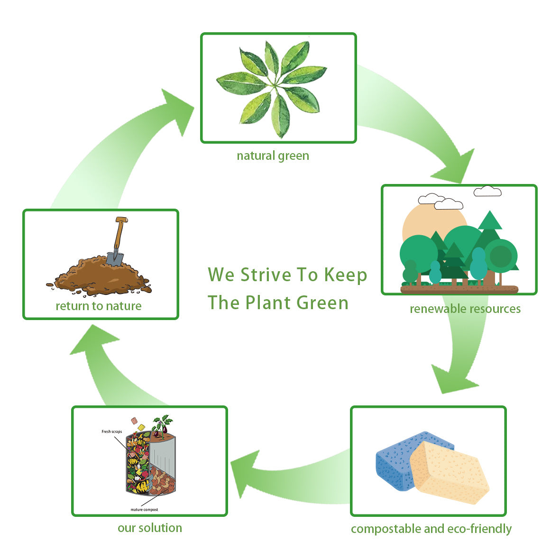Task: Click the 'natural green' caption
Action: click(x=273, y=156)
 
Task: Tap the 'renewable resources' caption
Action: click(x=465, y=309)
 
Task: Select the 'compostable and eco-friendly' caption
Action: click(x=431, y=528)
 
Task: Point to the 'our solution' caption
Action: click(x=150, y=528)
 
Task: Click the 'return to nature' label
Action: click(x=99, y=306)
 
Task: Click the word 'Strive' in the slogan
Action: click(x=266, y=275)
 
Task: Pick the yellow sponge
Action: click(x=448, y=472)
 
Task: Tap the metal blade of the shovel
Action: click(x=114, y=259)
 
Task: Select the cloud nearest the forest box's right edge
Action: click(x=487, y=191)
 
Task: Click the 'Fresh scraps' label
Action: click(x=112, y=431)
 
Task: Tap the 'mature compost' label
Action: click(x=144, y=510)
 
